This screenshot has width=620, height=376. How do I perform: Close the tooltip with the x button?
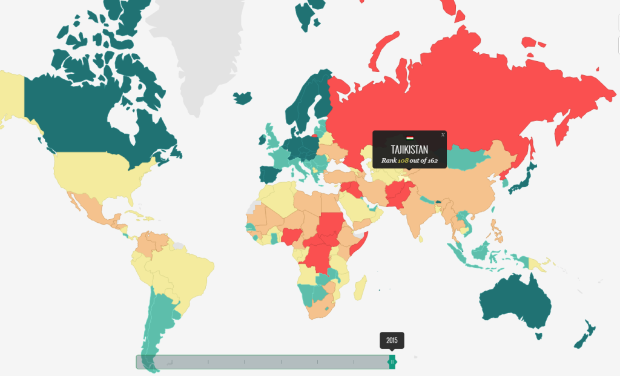(x=443, y=134)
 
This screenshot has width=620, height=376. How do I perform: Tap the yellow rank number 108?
(x=404, y=160)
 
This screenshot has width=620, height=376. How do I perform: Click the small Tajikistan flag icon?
(x=409, y=139)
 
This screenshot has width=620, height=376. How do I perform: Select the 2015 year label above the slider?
(x=392, y=340)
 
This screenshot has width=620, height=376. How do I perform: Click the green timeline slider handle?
(x=392, y=361)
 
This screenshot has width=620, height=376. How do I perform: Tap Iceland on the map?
(x=242, y=97)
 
